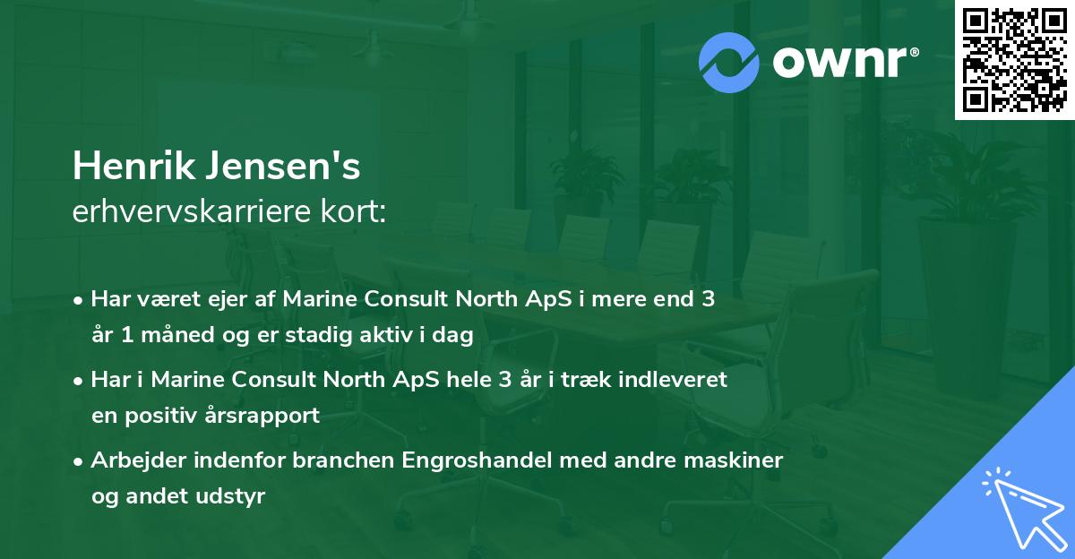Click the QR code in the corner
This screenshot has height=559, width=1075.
pyautogui.click(x=1014, y=60)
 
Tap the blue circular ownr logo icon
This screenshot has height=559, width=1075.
pyautogui.click(x=728, y=63)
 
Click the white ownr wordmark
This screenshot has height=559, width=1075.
pyautogui.click(x=845, y=62)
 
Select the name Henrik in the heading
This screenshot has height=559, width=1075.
pyautogui.click(x=133, y=166)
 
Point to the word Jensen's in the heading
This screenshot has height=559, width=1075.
pyautogui.click(x=283, y=166)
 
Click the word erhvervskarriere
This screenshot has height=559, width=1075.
pyautogui.click(x=192, y=211)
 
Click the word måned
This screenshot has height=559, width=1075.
pyautogui.click(x=177, y=334)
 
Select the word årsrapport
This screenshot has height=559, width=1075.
pyautogui.click(x=262, y=416)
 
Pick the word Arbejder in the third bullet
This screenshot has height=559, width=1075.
pyautogui.click(x=139, y=460)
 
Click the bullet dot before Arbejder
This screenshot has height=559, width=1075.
pyautogui.click(x=77, y=461)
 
